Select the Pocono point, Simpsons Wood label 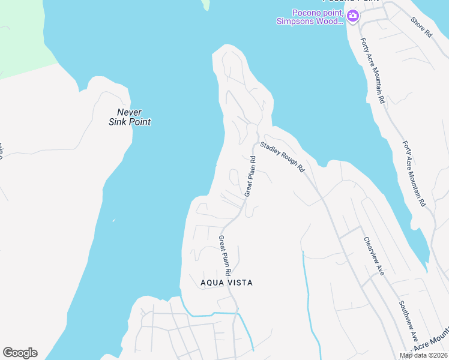[x=309, y=17]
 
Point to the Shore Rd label [x=421, y=27]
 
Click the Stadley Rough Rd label [x=283, y=157]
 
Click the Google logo [x=20, y=353]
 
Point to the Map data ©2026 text [x=423, y=355]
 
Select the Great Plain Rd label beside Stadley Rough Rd [x=250, y=176]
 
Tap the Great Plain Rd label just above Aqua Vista [x=225, y=251]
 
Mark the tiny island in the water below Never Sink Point [x=113, y=220]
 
